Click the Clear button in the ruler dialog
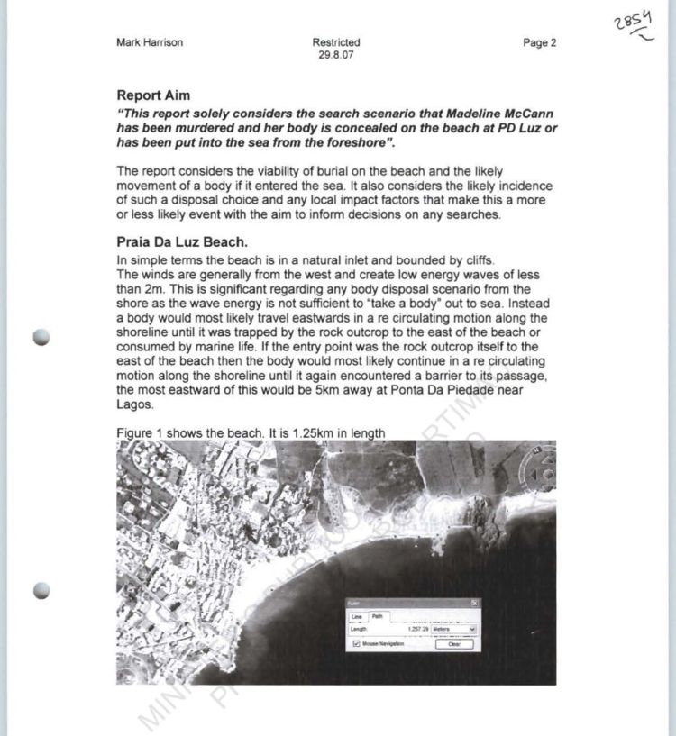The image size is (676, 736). click(x=453, y=644)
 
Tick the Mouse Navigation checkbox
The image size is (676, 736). click(x=357, y=644)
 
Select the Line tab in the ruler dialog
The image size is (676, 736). click(x=356, y=616)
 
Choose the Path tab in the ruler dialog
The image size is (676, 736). click(x=377, y=616)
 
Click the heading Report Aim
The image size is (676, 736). click(x=153, y=95)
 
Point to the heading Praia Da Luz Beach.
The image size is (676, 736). click(x=181, y=242)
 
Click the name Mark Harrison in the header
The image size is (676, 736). click(x=150, y=42)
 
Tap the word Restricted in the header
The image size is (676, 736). click(x=336, y=42)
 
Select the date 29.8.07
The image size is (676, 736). click(x=336, y=55)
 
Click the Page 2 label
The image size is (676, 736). click(x=539, y=42)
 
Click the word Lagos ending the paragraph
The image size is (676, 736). click(x=135, y=404)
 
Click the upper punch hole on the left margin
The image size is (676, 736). click(x=41, y=337)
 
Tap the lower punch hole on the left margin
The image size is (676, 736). click(x=41, y=592)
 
